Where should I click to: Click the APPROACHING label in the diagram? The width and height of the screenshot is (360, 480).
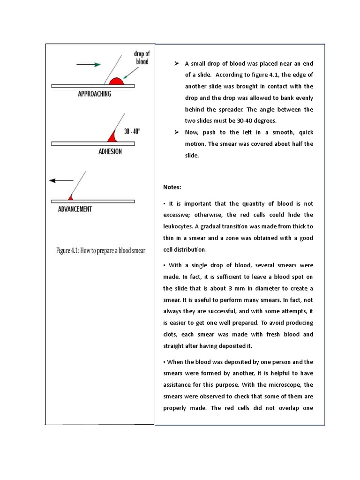point(94,94)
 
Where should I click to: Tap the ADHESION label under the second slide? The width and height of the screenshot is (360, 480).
point(110,151)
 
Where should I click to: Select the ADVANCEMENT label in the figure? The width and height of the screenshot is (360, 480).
point(75,209)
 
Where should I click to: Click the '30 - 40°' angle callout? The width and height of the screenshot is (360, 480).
point(132,132)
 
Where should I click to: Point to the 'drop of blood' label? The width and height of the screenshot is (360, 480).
point(142,58)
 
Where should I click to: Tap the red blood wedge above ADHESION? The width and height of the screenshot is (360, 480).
point(112,136)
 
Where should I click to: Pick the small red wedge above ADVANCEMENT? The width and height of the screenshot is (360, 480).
point(70,197)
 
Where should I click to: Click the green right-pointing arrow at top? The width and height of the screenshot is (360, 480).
point(89,65)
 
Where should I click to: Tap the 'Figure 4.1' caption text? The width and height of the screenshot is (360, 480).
point(101,251)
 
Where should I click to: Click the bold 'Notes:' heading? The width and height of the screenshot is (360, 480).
point(172,187)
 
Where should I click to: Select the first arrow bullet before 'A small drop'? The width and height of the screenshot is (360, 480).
point(177,63)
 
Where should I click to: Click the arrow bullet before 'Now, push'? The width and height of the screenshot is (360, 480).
point(177,133)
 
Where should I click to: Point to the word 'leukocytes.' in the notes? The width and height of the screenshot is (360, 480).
point(178,226)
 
